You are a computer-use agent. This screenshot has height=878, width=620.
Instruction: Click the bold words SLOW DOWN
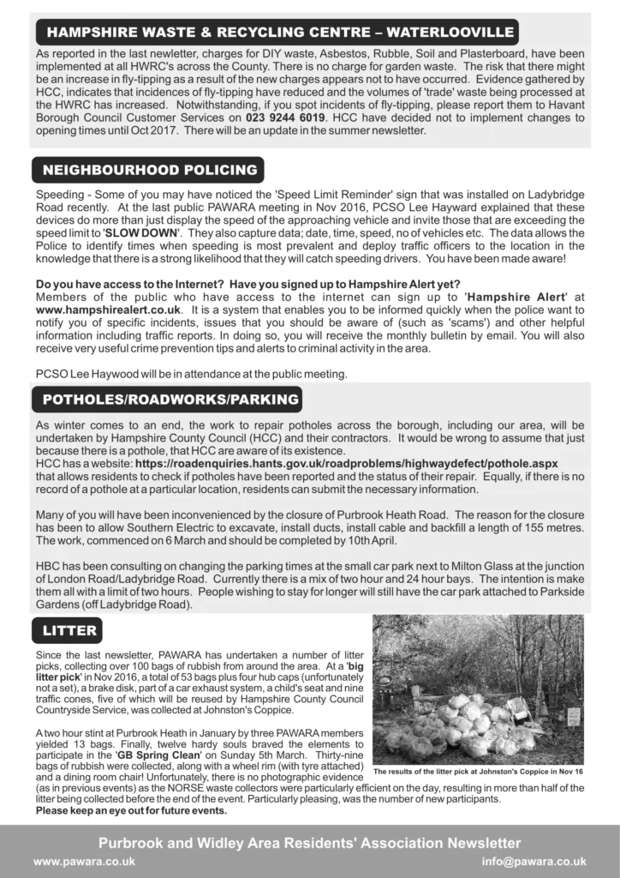(142, 233)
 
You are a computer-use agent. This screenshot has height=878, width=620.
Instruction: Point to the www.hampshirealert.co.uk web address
(110, 308)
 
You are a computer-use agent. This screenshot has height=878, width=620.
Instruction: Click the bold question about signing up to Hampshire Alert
(248, 284)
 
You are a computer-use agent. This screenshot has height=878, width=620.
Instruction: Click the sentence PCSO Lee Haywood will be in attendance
(190, 373)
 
